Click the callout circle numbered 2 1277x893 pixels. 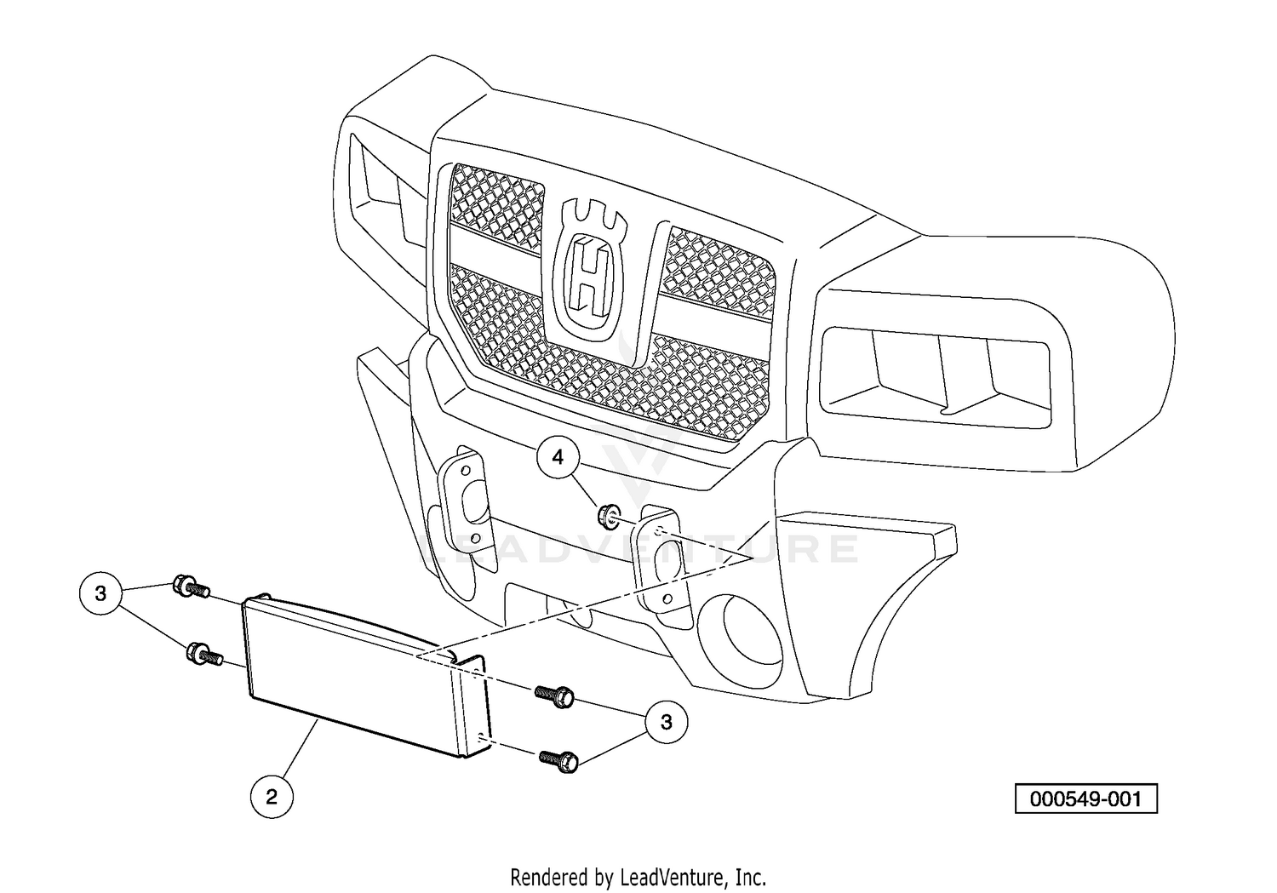tap(272, 796)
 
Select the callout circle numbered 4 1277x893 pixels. tap(558, 457)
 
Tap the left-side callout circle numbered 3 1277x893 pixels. tap(101, 594)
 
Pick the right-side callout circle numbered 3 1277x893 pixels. tap(667, 722)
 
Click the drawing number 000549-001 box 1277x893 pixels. tap(1086, 799)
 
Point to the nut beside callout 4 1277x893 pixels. tap(606, 515)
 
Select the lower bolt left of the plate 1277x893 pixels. tap(204, 653)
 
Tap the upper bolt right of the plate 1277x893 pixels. tap(554, 696)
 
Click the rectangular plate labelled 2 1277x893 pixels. tap(365, 676)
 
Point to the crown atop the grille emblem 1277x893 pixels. tap(593, 220)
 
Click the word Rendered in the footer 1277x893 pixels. tap(553, 877)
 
